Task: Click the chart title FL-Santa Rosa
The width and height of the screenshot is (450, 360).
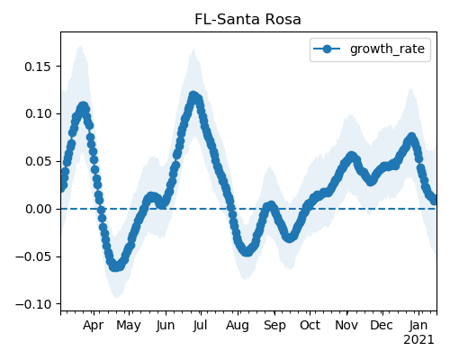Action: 247,20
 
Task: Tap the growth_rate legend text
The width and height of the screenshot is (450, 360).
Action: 387,49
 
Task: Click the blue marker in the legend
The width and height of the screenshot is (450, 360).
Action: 327,49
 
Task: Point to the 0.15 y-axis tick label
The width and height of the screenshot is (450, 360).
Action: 38,67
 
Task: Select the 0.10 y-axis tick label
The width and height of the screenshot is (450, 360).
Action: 38,113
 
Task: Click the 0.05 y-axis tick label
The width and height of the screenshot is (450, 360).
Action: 38,161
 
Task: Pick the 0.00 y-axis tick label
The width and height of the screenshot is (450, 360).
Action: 38,209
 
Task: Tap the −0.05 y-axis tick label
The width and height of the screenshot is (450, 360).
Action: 33,256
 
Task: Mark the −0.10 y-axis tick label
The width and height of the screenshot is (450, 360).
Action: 33,304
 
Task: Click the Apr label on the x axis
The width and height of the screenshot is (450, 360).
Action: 94,326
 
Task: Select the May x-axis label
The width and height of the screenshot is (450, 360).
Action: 129,326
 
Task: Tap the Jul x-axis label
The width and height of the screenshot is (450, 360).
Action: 200,325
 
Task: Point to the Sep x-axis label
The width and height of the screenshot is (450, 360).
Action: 274,326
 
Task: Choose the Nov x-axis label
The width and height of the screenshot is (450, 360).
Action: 346,325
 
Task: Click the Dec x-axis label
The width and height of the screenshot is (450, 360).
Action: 382,325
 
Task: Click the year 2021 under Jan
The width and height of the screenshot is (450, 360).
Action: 418,340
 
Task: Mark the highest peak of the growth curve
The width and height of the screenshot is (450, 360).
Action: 193,96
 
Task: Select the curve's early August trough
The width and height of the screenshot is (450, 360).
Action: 247,251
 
